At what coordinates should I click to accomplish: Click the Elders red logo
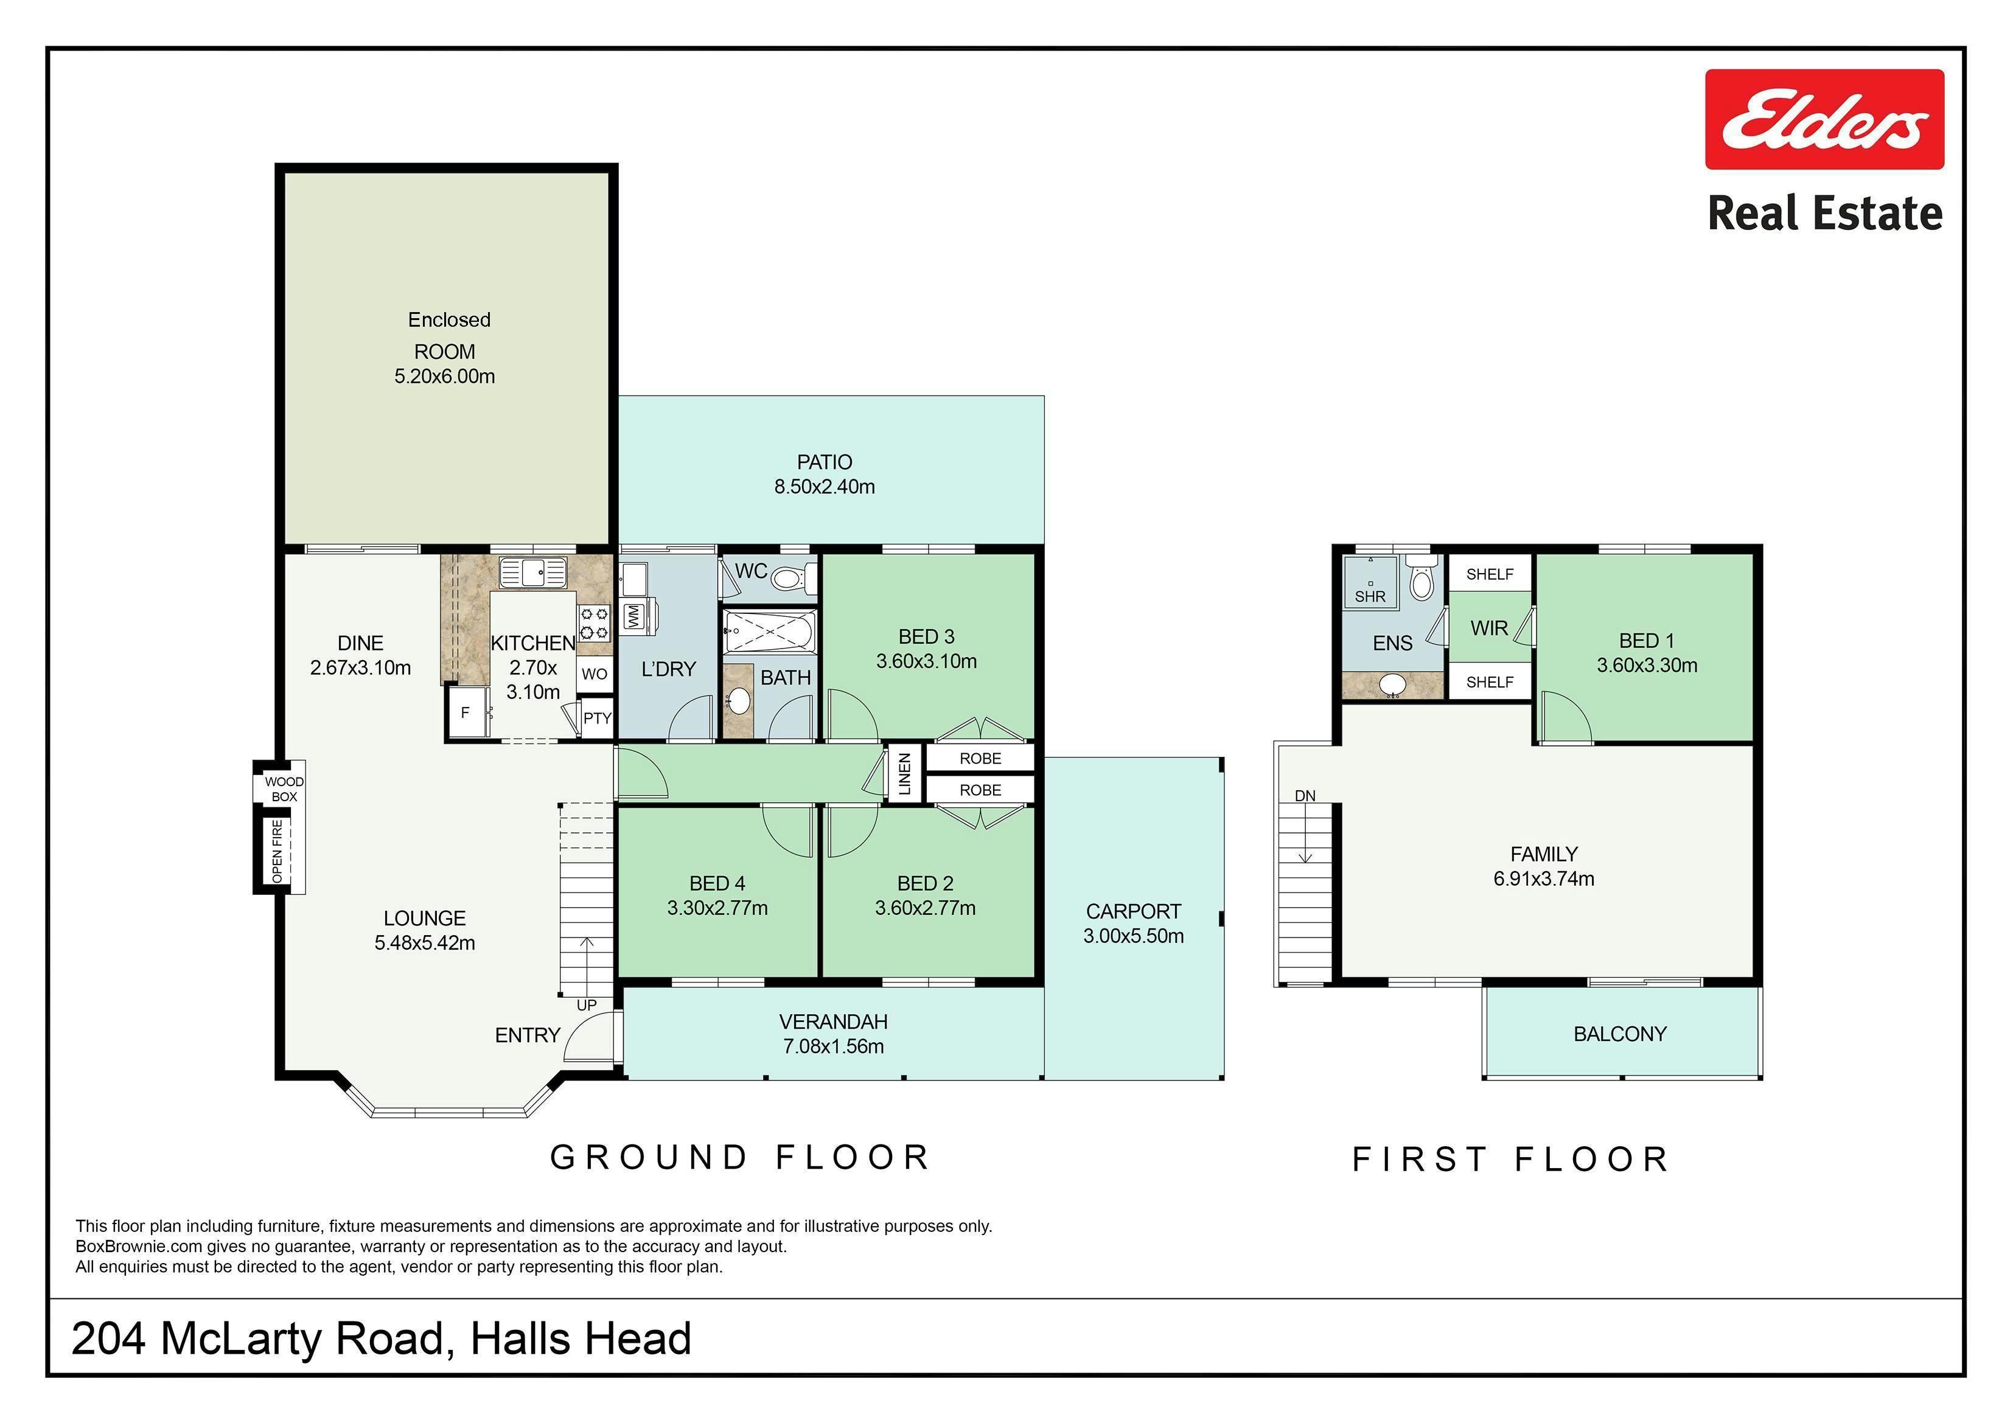(x=1824, y=119)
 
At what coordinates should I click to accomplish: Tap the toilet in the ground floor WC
(x=792, y=579)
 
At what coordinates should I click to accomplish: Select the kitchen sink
(x=533, y=572)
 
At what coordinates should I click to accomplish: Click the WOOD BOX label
(x=284, y=789)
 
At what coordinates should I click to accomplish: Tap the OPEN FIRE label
(x=277, y=851)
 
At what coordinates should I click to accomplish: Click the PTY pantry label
(x=597, y=718)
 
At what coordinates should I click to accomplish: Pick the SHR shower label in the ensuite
(x=1370, y=597)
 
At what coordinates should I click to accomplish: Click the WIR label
(x=1490, y=628)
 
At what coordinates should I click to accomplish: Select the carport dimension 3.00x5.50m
(x=1134, y=936)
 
